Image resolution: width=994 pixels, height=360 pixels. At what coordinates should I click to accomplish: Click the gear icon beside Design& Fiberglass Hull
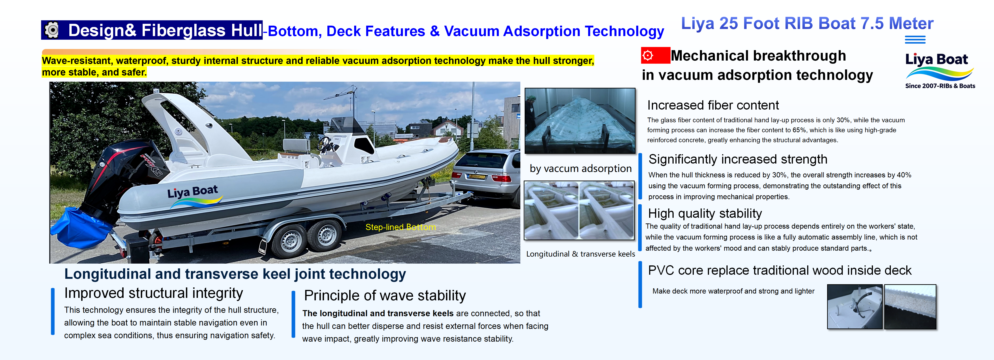click(x=52, y=30)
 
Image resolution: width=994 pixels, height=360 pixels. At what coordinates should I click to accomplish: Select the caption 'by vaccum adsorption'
click(x=580, y=169)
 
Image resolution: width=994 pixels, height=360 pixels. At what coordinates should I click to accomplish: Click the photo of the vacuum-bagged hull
click(x=580, y=121)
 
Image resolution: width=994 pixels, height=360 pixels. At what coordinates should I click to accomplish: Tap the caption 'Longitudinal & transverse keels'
click(x=580, y=254)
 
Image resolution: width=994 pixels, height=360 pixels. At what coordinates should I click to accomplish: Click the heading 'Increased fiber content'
click(x=713, y=105)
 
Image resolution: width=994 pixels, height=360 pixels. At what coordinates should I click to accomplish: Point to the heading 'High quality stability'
click(x=705, y=213)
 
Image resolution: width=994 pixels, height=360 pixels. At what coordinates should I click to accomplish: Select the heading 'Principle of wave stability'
click(x=385, y=296)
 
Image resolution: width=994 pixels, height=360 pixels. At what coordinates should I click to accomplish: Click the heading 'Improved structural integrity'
click(x=153, y=293)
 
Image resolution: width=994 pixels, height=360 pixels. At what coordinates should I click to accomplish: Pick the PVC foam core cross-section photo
click(x=910, y=307)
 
